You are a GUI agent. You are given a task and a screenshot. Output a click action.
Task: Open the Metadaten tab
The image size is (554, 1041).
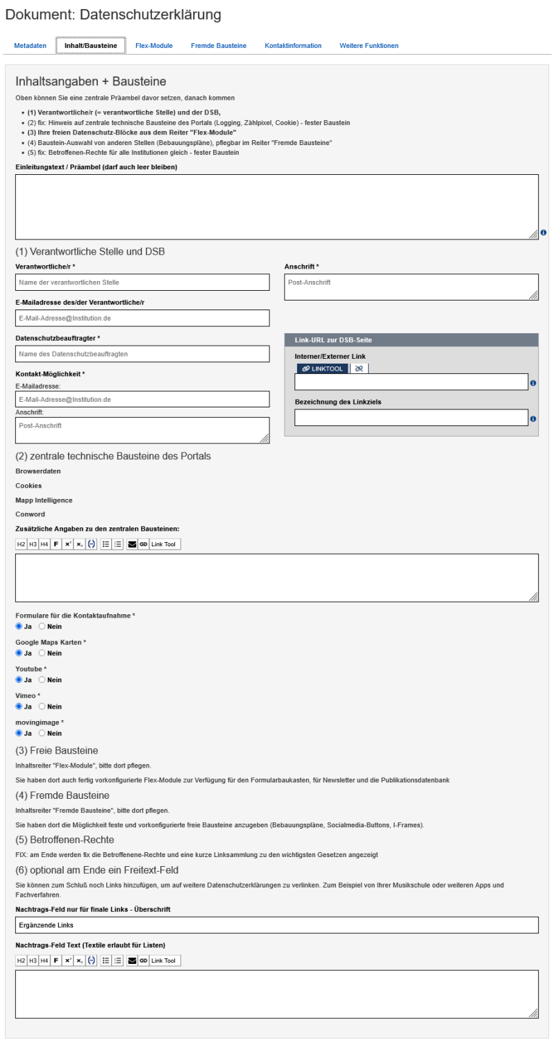[30, 46]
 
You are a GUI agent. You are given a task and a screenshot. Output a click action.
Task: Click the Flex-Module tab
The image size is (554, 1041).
[154, 46]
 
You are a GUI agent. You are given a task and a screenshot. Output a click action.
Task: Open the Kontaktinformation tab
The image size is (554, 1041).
[293, 46]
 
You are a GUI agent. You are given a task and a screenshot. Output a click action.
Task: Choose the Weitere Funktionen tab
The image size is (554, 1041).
[369, 46]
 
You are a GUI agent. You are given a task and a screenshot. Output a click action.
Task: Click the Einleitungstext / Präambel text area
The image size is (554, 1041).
[276, 207]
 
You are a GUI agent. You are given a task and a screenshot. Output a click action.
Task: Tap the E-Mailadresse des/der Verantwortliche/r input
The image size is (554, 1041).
[142, 318]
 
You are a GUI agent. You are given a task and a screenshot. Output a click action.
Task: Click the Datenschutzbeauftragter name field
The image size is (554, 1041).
[142, 354]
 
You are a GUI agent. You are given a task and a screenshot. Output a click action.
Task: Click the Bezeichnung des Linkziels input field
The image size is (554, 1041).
[411, 418]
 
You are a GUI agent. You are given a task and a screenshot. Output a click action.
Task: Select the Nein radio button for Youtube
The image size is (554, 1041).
[42, 680]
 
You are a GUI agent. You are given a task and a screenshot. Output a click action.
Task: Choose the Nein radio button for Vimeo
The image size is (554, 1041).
[42, 706]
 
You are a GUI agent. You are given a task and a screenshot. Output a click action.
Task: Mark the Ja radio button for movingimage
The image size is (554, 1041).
[19, 733]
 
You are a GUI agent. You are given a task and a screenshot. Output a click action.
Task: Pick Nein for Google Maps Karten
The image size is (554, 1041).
[42, 654]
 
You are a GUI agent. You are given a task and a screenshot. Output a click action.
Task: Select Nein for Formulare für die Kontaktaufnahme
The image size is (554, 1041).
[42, 627]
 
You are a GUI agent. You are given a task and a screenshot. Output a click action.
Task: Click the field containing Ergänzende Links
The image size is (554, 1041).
[276, 925]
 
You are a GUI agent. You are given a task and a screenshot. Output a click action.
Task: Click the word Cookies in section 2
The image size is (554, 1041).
[28, 486]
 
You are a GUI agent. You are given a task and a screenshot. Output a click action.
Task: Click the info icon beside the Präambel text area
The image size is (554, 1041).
[543, 232]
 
